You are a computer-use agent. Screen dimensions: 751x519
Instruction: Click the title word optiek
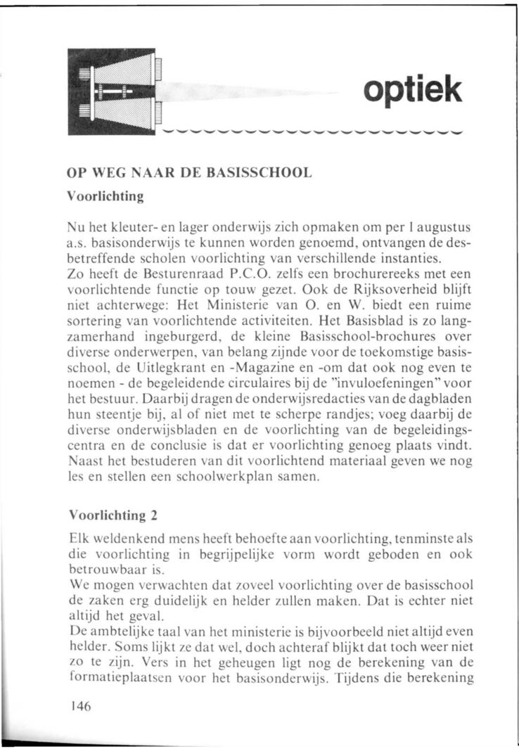coord(413,91)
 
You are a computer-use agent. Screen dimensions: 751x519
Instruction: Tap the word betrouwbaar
coord(102,569)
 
